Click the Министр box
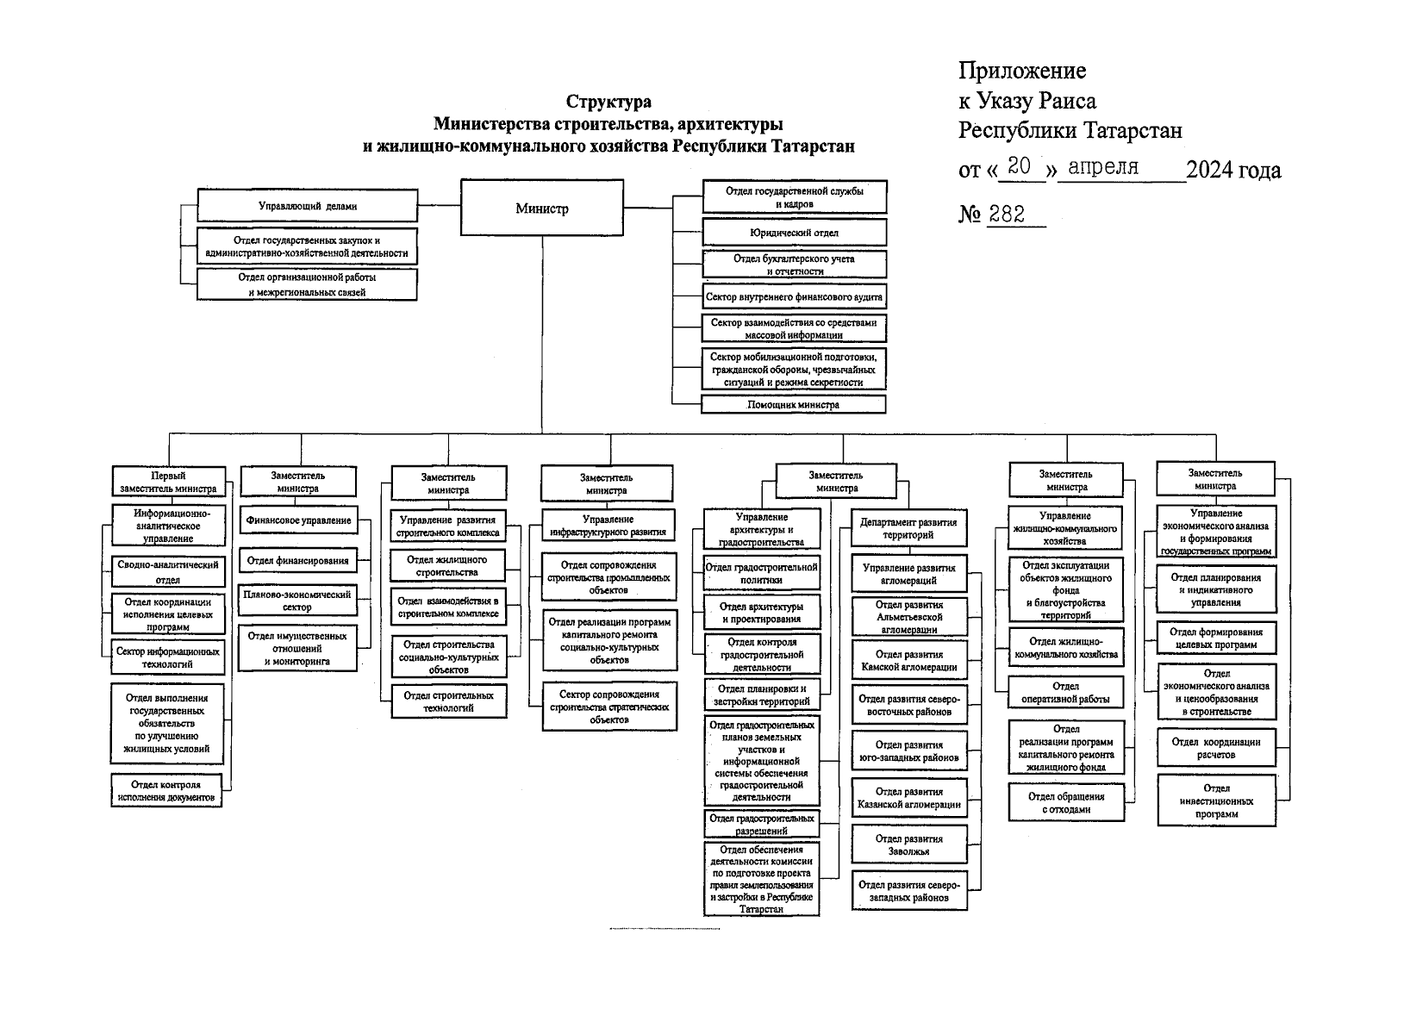coord(541,209)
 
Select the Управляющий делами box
coord(307,206)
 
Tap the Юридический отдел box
coord(794,233)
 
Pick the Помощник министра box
coord(793,404)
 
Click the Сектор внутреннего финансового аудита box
coord(794,296)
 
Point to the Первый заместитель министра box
coord(168,482)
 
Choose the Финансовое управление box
coord(298,520)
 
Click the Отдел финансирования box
coord(298,561)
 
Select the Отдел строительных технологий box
coord(448,701)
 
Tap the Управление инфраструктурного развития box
coord(608,526)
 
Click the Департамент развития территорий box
coord(908,528)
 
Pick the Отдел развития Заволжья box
coord(908,844)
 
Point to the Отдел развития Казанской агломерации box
coord(908,798)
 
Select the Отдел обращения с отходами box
coord(1066,803)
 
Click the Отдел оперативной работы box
coord(1066,694)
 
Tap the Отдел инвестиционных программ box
coord(1216,800)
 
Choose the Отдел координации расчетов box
coord(1216,748)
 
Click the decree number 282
coord(1007,215)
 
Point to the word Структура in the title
coord(608,103)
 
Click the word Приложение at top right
coord(1022,71)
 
